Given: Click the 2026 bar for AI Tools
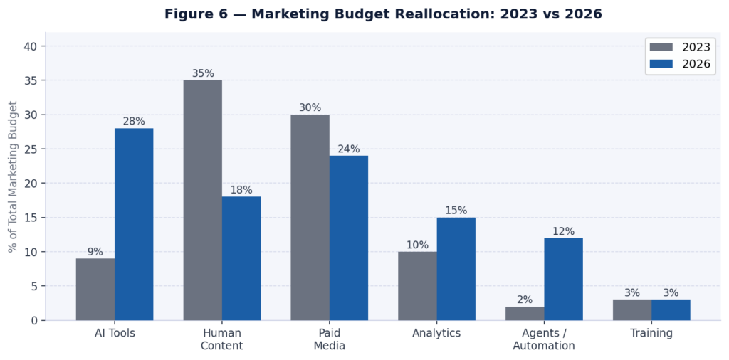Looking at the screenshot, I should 134,224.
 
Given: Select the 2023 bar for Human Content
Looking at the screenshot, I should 202,200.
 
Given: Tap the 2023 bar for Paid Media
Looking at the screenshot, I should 310,217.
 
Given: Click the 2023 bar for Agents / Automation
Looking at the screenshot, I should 525,314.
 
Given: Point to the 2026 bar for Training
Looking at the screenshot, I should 671,310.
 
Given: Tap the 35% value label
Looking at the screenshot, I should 203,73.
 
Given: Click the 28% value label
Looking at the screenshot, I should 134,122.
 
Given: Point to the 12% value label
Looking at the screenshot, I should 563,231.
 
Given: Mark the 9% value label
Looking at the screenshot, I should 95,252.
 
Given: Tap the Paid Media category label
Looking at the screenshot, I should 329,339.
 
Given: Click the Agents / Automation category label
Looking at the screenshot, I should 544,339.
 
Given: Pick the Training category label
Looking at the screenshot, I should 651,333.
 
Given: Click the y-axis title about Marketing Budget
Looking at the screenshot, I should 13,177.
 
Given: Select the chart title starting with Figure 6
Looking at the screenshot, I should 383,14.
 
